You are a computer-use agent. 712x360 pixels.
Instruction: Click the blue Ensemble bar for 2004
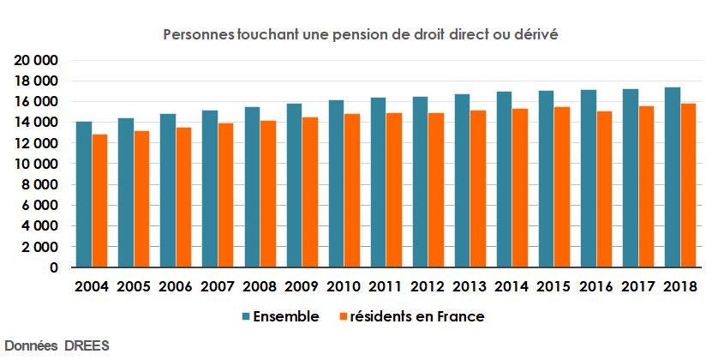[x=84, y=195]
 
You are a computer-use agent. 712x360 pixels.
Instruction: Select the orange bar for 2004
[x=100, y=201]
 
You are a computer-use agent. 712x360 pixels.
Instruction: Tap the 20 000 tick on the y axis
[x=35, y=60]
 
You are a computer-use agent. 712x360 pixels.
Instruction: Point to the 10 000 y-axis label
[x=35, y=164]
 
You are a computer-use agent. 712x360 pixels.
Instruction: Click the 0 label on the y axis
[x=53, y=267]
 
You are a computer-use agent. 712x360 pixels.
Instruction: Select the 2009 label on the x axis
[x=302, y=286]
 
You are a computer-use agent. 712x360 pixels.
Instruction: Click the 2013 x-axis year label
[x=470, y=286]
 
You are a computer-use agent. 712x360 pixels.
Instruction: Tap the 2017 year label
[x=638, y=286]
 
